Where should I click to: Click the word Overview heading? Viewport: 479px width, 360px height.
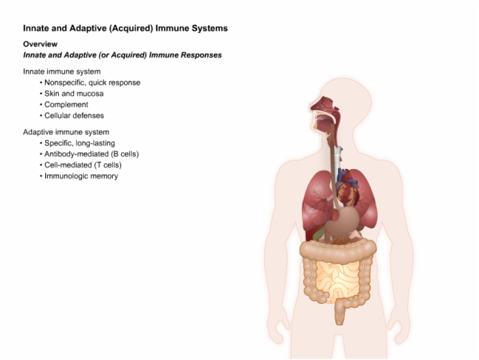(40, 44)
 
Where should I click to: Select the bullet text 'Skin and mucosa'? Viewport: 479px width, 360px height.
(74, 94)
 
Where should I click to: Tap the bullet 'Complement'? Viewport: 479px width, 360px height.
(66, 105)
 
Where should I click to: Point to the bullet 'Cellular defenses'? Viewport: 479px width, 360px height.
(74, 116)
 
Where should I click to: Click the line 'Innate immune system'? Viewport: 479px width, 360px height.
(62, 71)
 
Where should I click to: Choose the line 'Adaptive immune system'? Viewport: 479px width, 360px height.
(66, 132)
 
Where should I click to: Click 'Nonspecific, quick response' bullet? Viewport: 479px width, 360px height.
(92, 83)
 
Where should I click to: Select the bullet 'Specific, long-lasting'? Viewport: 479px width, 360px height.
(80, 143)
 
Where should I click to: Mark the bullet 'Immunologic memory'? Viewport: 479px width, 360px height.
(81, 176)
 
